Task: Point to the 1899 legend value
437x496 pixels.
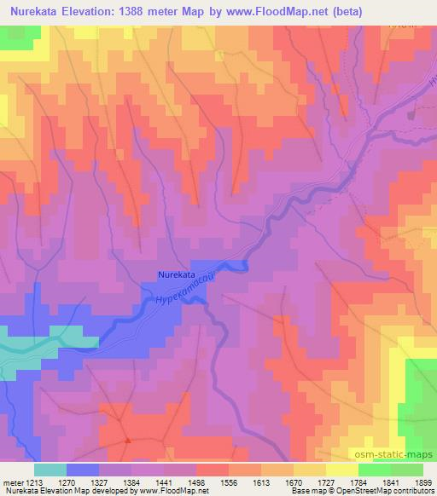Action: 417,481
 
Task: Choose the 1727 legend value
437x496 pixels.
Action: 344,481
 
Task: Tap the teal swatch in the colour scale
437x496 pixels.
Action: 50,469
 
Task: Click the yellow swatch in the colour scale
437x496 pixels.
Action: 342,469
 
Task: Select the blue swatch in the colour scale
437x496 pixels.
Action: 83,469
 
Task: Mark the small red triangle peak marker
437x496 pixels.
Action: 126,441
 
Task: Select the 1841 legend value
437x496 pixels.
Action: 383,481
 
